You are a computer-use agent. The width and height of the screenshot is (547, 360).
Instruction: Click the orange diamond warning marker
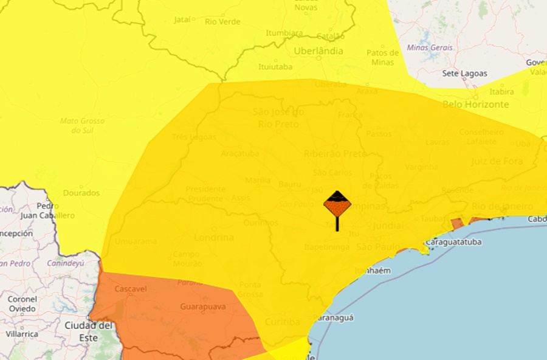click(337, 205)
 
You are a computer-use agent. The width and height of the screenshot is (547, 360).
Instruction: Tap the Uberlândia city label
click(318, 51)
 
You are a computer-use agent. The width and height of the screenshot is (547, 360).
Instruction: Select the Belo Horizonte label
click(476, 105)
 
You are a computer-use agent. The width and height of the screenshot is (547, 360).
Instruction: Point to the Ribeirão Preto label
click(335, 154)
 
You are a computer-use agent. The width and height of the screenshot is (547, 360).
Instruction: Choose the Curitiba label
click(283, 321)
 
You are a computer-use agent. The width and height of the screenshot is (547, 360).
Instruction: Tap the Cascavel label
click(130, 289)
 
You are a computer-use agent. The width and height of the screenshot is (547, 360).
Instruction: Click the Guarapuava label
click(203, 307)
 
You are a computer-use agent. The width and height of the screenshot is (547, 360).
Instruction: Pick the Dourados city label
click(81, 193)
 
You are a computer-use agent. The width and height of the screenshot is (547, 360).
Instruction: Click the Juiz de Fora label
click(497, 161)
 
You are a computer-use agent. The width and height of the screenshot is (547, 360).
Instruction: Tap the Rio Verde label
click(222, 22)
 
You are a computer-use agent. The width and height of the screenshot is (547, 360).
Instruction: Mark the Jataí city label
click(182, 19)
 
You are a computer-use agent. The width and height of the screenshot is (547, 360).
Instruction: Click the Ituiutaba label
click(275, 66)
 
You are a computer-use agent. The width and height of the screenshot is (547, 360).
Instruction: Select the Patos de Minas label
click(383, 57)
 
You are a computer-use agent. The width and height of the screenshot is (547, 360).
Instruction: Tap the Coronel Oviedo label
click(22, 303)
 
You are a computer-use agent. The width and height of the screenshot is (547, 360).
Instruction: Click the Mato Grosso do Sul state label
click(82, 125)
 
